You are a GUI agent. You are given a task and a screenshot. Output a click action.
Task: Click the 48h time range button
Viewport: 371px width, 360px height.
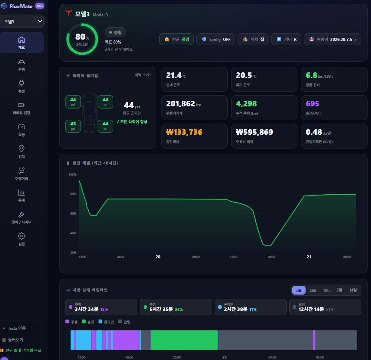(x=312, y=290)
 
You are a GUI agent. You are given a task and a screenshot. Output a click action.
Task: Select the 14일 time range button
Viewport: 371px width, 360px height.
(x=353, y=290)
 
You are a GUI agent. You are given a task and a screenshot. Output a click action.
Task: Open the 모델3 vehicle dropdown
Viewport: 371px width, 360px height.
(x=22, y=21)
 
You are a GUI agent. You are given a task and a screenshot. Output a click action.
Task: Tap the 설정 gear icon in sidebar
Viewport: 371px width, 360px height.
(x=22, y=236)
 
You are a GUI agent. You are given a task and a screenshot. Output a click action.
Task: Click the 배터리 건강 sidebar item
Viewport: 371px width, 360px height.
(x=22, y=109)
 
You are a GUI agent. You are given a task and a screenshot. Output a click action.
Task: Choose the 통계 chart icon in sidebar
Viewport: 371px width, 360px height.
(x=22, y=192)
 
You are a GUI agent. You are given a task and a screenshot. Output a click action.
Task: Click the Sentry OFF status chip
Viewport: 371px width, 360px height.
(x=216, y=39)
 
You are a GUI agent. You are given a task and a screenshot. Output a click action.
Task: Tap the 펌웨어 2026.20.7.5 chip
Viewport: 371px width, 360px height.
(x=332, y=39)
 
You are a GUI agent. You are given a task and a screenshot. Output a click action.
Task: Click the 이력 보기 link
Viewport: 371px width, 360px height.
(x=143, y=75)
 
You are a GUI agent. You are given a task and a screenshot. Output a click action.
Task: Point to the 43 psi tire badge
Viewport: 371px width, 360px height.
(x=73, y=126)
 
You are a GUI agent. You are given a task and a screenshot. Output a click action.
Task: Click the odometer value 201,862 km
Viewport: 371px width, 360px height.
(x=184, y=104)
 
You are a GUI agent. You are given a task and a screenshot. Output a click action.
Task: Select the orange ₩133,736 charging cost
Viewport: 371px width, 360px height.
(x=184, y=132)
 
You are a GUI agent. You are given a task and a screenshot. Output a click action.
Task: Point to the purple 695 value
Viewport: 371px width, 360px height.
(x=312, y=104)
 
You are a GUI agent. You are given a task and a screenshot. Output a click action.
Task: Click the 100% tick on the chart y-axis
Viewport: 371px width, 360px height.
(x=72, y=174)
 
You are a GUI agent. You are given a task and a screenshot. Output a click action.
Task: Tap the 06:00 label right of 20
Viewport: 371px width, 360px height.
(x=196, y=257)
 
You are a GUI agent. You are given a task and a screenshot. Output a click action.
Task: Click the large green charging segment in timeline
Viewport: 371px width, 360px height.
(x=184, y=340)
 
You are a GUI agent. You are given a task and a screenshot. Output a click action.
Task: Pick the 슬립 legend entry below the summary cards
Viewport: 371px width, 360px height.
(x=124, y=322)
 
